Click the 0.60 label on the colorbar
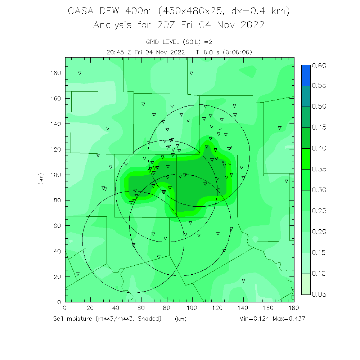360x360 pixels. (x=319, y=66)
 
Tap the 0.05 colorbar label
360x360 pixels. (x=319, y=294)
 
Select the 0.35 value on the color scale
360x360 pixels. (x=319, y=169)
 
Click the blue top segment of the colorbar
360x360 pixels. (x=305, y=75)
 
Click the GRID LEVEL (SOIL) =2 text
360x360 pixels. (x=179, y=42)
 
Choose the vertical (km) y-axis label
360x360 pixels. (x=40, y=179)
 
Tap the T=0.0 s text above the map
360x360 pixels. (x=207, y=52)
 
